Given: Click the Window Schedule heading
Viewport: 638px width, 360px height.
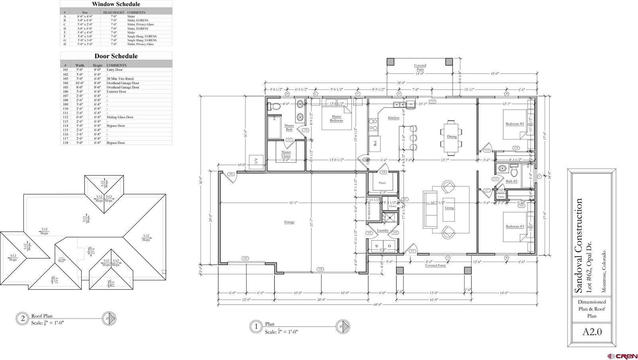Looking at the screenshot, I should click(x=116, y=4).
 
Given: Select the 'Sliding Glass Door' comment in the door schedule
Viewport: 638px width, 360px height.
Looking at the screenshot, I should click(x=120, y=117).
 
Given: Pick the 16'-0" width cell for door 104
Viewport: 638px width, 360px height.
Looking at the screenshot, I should click(x=80, y=83).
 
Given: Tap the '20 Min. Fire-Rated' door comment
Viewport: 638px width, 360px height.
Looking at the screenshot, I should click(x=120, y=79).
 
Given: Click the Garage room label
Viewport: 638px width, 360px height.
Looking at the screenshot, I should click(x=289, y=222).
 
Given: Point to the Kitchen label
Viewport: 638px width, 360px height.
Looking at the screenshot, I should click(x=394, y=118).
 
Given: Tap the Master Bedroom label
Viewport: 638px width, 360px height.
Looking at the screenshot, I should click(x=336, y=118).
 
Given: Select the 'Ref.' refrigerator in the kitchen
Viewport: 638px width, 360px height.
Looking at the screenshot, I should click(x=376, y=144).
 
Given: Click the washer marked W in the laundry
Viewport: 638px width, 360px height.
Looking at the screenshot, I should click(x=376, y=246).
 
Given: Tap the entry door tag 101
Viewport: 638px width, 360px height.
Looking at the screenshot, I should click(x=413, y=251).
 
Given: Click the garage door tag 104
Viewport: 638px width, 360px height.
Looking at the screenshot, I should click(x=320, y=269).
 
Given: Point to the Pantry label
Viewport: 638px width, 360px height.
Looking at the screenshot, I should click(x=382, y=183).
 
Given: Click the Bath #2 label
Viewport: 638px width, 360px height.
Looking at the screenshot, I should click(x=512, y=181).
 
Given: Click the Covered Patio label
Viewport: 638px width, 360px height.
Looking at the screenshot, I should click(x=420, y=67).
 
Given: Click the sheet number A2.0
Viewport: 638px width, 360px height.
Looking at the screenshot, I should click(x=592, y=332).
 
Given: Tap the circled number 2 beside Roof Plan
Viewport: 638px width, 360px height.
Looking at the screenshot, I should click(x=23, y=319).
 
